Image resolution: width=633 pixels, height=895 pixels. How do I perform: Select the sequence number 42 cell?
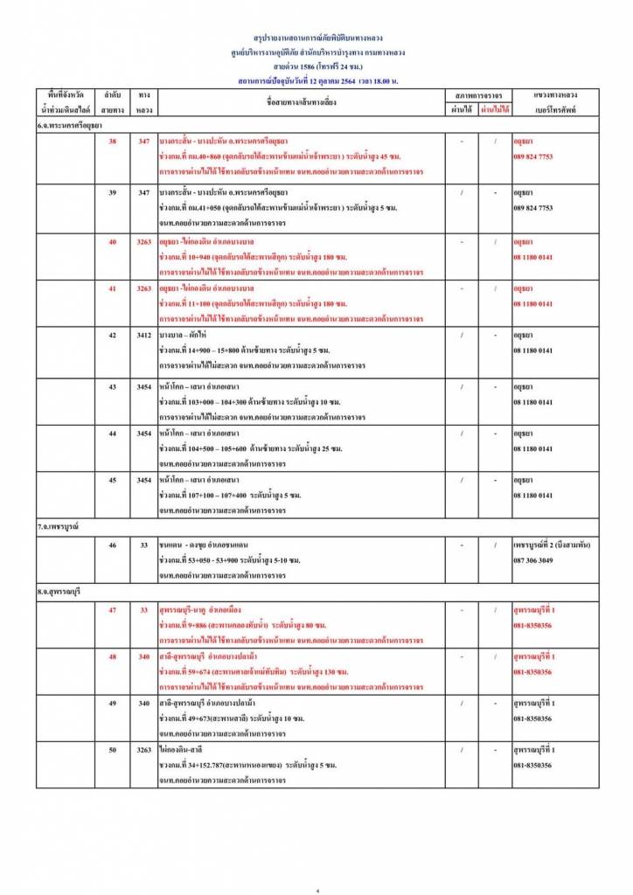pos(112,335)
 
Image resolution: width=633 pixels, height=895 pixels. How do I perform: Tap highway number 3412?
pos(145,335)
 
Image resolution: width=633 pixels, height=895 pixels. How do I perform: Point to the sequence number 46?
pos(112,545)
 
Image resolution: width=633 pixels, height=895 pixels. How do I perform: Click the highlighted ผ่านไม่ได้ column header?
pos(495,109)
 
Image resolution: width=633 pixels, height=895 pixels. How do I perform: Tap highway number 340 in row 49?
pos(145,703)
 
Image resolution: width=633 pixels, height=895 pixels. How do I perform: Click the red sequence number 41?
pos(112,288)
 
